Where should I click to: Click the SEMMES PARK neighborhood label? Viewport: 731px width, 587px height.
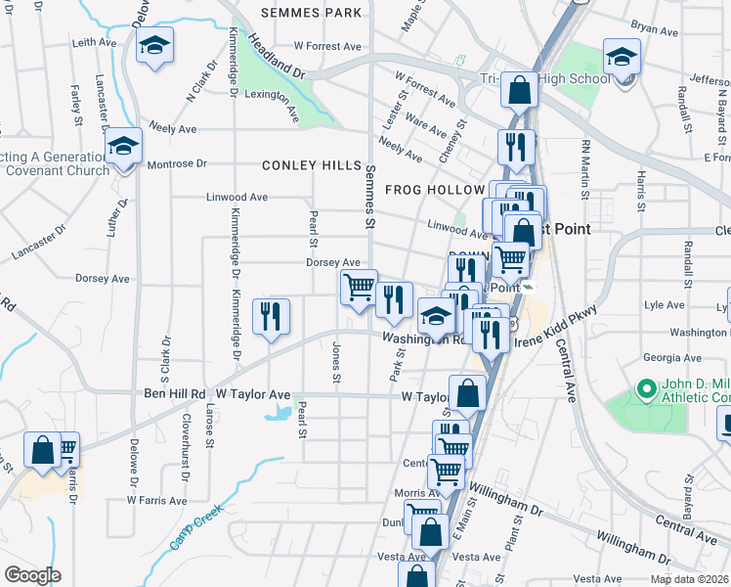312,14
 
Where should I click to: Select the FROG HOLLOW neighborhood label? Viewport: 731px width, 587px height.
435,189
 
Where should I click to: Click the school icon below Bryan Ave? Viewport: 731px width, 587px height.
621,57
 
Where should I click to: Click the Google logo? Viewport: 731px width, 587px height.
32,575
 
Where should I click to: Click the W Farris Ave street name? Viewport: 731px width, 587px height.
156,500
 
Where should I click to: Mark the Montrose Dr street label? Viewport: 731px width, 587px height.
177,164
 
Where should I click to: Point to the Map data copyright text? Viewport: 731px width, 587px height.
689,579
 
